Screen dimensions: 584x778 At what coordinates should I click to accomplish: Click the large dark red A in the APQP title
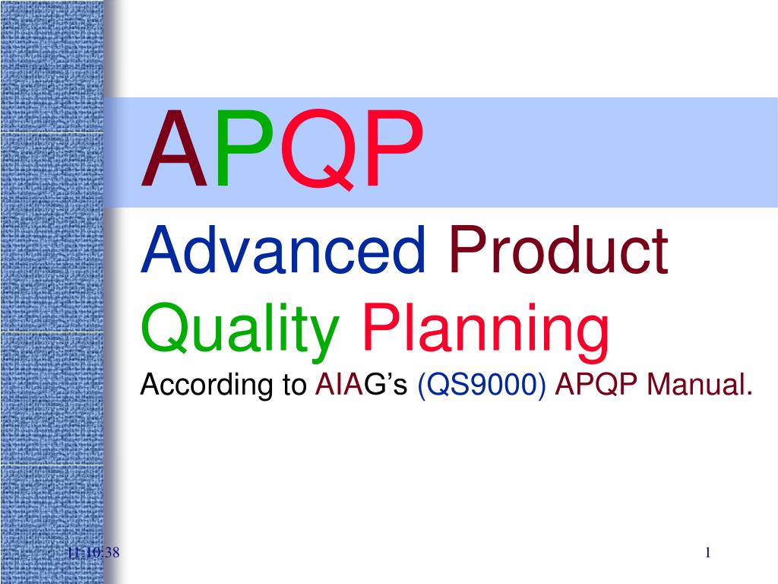(x=174, y=151)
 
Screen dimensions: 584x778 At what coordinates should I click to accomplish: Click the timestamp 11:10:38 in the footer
(x=93, y=553)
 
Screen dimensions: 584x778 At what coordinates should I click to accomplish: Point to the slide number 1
(x=707, y=553)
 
